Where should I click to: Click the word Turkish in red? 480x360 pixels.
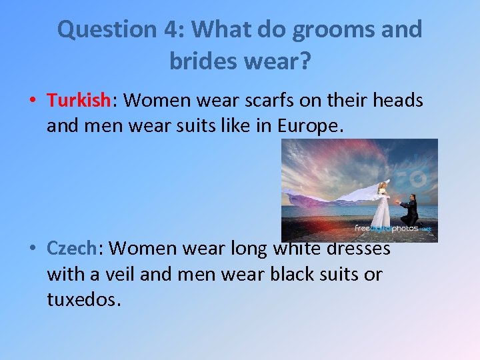[x=78, y=100]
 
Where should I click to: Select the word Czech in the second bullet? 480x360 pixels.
[x=72, y=248]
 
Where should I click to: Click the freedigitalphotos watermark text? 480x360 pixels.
[x=393, y=228]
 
